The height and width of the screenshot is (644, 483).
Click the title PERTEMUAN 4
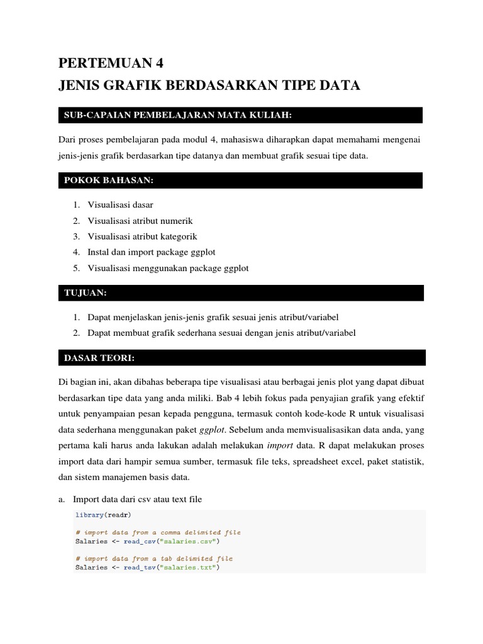click(x=114, y=62)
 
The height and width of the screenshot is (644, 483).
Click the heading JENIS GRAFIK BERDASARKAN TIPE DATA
click(x=209, y=85)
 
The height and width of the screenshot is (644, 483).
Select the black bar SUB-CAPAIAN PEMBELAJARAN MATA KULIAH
click(x=240, y=115)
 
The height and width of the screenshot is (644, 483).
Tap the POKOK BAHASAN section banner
click(x=240, y=180)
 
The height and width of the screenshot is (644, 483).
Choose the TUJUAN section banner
click(x=240, y=292)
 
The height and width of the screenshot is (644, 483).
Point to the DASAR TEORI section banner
click(x=240, y=358)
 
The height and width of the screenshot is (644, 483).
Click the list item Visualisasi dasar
click(x=120, y=205)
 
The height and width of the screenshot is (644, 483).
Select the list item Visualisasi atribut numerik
click(x=140, y=221)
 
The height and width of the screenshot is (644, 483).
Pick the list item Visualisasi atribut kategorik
click(x=143, y=236)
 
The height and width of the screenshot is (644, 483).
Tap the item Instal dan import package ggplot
click(x=152, y=252)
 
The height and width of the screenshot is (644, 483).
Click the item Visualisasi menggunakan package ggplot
click(x=169, y=268)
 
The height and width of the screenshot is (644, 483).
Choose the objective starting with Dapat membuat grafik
click(x=222, y=333)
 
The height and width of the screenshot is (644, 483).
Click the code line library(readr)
click(x=103, y=514)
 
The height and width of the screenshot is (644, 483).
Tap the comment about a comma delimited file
click(x=158, y=532)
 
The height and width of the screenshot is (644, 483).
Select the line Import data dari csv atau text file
click(x=138, y=499)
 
